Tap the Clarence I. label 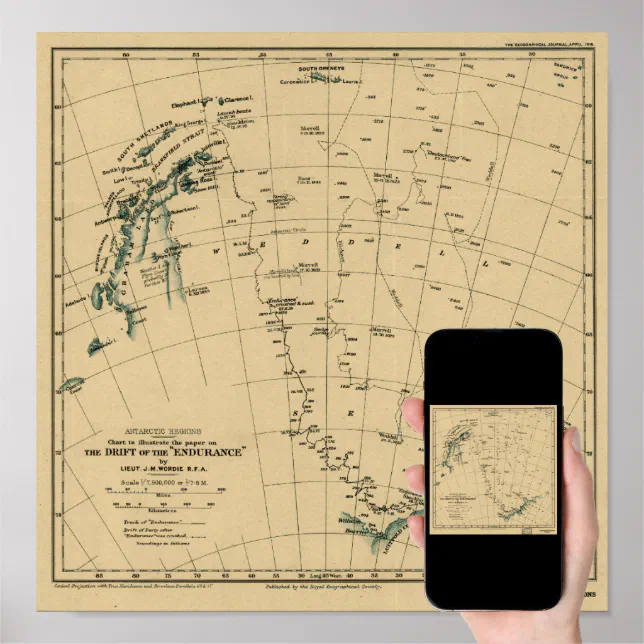pyautogui.click(x=235, y=100)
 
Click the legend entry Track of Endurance pyautogui.click(x=140, y=522)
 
